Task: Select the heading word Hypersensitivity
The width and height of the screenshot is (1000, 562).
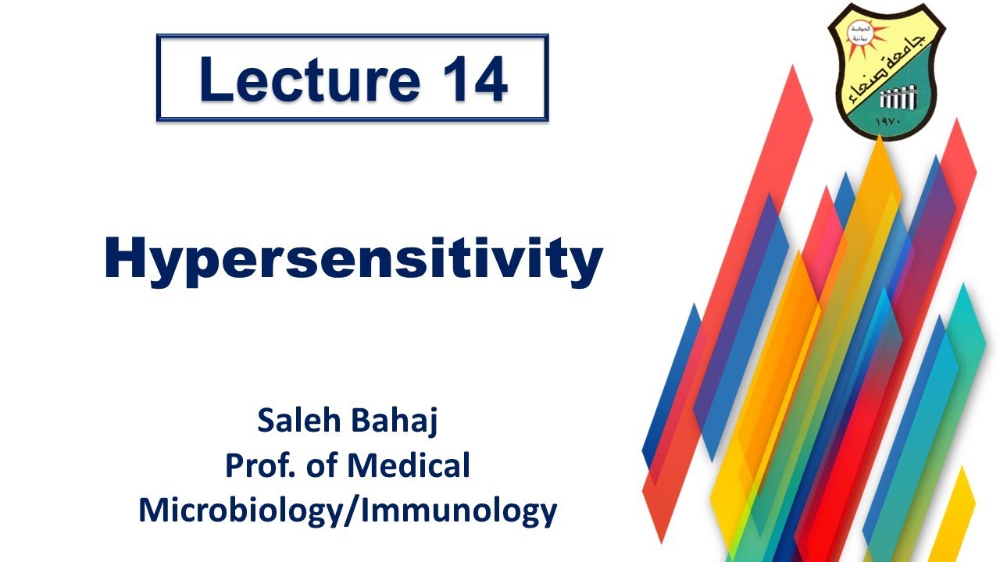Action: coord(353,261)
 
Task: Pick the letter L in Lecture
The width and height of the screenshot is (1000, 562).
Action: coord(213,78)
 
